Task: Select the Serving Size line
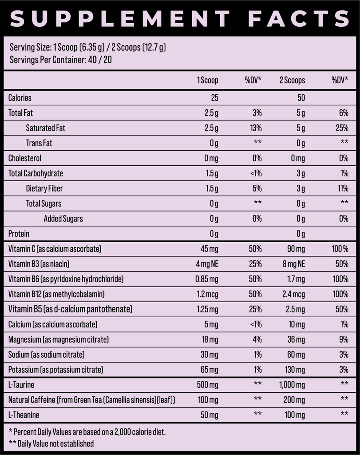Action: point(87,48)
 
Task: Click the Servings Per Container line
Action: point(60,60)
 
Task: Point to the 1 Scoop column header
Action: point(208,80)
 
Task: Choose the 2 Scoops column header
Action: point(292,80)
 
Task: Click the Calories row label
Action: point(20,98)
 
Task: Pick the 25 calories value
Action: point(214,98)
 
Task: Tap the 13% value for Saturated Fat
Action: point(255,128)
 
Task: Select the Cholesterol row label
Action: point(25,158)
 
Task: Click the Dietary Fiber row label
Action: point(44,188)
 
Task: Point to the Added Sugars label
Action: point(63,219)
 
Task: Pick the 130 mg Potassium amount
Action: point(294,370)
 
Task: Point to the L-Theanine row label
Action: point(24,415)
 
